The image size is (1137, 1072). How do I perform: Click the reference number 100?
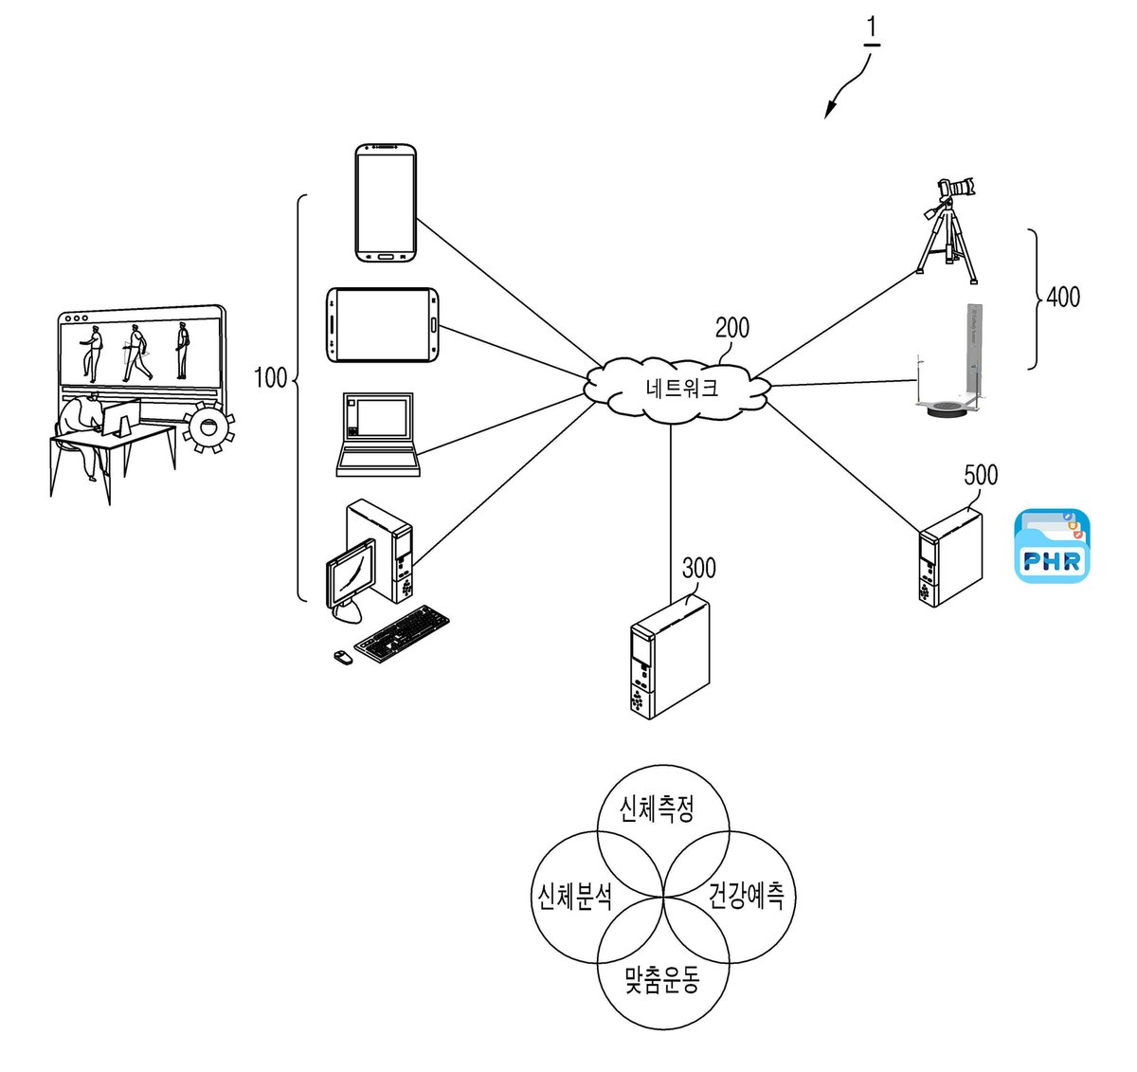(270, 378)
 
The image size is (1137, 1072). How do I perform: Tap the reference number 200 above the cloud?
(731, 328)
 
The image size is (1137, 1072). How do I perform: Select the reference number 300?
(698, 568)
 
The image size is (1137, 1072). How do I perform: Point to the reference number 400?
(1063, 297)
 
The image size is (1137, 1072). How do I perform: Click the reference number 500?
(981, 475)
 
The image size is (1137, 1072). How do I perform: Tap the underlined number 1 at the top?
(872, 28)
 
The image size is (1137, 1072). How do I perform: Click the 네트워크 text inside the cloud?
(681, 388)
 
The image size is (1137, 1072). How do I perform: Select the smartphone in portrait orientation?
(386, 203)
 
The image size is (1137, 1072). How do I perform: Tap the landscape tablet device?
(383, 325)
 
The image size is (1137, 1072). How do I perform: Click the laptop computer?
(378, 434)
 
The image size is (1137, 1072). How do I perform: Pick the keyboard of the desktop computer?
(402, 634)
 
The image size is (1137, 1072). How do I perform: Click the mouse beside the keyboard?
(344, 657)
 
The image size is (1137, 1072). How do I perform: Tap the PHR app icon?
(1052, 545)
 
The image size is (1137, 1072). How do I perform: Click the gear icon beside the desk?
(208, 427)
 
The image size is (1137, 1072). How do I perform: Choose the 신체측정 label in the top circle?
(657, 809)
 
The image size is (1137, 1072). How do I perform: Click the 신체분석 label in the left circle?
(575, 897)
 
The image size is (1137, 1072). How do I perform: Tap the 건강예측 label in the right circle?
(746, 896)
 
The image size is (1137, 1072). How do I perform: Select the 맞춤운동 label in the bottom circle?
(661, 980)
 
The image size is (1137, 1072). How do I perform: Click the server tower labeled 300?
(669, 657)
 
